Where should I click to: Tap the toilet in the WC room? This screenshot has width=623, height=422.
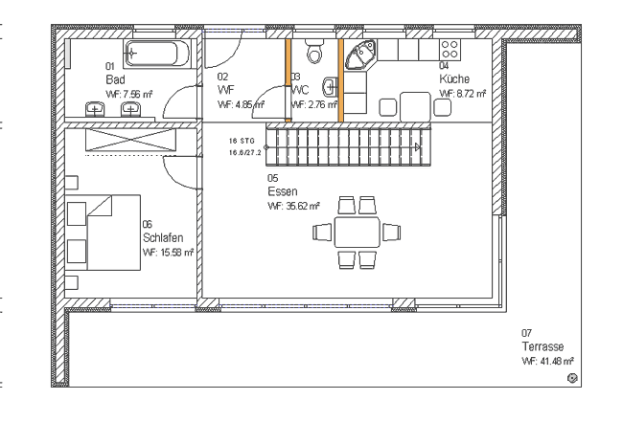(312, 48)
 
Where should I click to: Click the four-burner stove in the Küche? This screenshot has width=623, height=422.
(450, 50)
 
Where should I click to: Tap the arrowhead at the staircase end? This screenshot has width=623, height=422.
(417, 146)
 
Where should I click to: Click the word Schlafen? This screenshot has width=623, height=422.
(162, 237)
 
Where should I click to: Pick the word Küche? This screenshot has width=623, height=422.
(454, 78)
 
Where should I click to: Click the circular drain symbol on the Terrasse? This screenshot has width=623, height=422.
(572, 380)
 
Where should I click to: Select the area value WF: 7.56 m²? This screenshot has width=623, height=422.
(129, 95)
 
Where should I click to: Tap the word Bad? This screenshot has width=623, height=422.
(116, 78)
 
